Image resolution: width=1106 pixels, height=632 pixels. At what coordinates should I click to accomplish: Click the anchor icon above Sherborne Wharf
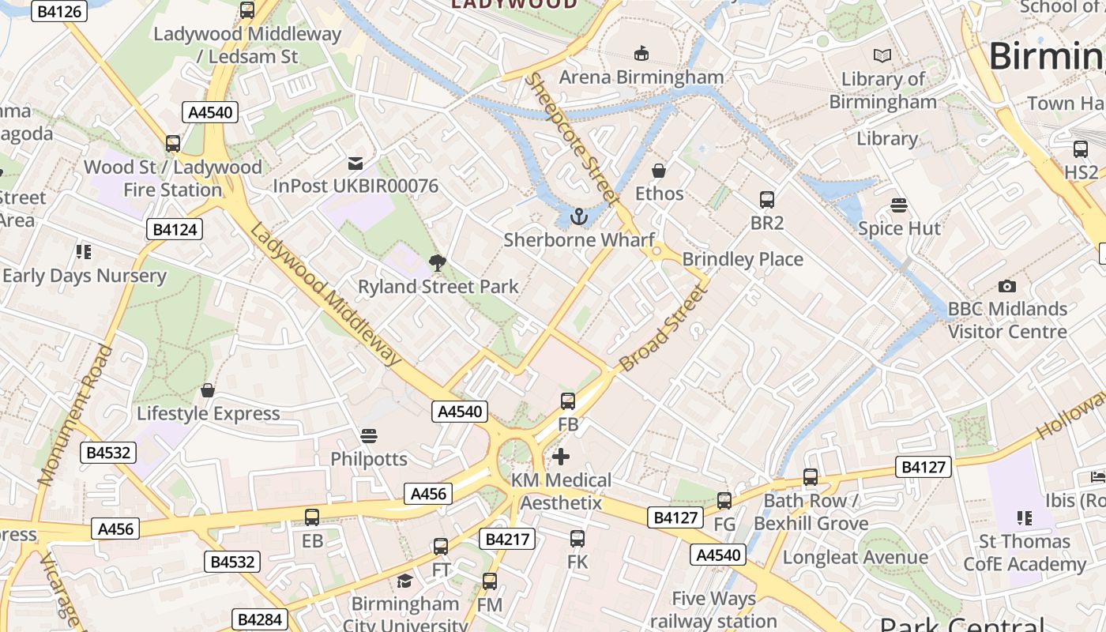pos(579,216)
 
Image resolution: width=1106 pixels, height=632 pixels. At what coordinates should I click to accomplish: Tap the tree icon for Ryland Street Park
pos(436,263)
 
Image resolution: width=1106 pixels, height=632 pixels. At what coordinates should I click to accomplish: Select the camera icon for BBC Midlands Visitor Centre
pos(1007,286)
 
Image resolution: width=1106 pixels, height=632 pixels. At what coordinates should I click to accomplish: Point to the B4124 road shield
pos(175,230)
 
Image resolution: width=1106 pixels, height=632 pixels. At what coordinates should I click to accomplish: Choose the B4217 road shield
pos(507,540)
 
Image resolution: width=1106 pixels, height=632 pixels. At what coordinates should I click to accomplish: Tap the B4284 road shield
pos(260,619)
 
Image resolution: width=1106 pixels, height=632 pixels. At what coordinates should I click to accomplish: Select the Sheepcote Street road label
pos(572,138)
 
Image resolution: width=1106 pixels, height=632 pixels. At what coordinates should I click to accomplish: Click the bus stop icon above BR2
pos(766,200)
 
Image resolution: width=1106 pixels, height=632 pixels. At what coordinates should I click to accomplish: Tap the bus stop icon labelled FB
pos(568,401)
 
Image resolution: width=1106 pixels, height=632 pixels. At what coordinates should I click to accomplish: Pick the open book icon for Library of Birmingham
pos(882,56)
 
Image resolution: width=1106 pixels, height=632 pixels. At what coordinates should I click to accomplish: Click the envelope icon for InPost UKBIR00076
pos(355,164)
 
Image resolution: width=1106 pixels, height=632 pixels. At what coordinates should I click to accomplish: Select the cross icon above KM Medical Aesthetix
pos(561,457)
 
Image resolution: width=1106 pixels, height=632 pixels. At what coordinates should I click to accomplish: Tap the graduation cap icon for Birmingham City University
pos(404,581)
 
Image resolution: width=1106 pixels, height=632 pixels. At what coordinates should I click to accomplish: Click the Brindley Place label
pos(742,259)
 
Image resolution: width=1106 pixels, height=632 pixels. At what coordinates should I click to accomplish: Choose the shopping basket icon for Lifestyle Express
pos(208,390)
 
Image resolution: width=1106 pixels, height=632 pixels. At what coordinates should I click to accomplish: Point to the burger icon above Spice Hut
pos(898,205)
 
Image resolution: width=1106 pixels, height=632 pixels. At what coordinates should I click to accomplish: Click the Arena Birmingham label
pos(641,77)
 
